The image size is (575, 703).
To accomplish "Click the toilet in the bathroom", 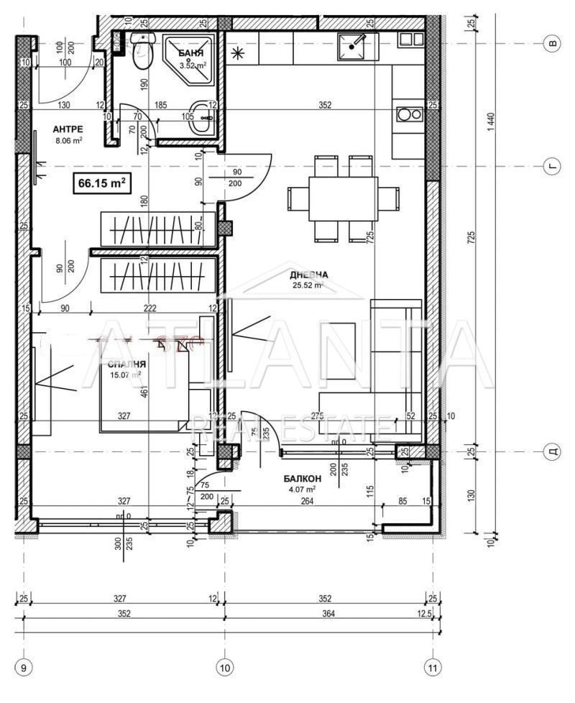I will pos(142,48).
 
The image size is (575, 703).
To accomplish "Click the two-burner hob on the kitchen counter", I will pos(409,114).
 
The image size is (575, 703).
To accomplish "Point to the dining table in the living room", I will pos(343,199).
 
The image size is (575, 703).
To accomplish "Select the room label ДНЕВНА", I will pos(309,275).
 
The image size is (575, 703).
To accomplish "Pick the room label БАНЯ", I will pos(191,53).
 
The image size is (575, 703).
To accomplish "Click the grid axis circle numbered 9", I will pos(24,668).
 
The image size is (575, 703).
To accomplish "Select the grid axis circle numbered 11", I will pos(432,668).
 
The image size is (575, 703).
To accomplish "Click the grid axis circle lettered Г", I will pos(553,166).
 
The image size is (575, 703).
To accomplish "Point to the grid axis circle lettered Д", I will pos(553,451).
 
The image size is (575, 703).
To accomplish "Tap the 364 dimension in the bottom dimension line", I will pos(328,613).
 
